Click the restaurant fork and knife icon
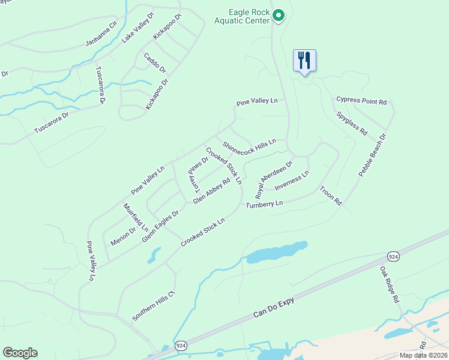point(304,61)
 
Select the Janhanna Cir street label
point(100,35)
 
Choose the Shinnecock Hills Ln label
point(249,145)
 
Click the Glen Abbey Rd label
point(212,190)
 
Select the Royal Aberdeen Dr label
point(274,179)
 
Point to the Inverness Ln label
point(292,181)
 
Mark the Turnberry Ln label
point(264,205)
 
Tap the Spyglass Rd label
point(352,123)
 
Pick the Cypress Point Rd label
point(361,101)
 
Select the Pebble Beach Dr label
point(372,155)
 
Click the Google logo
point(20,352)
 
